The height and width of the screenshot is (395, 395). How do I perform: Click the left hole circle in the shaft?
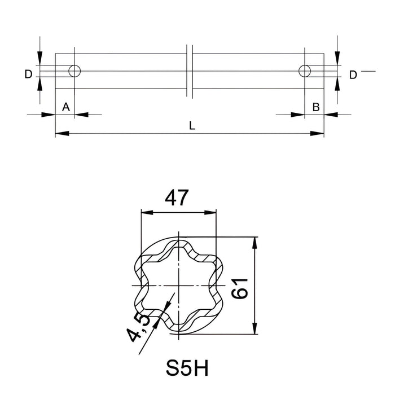click(74, 71)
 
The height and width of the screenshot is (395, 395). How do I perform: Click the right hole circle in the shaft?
click(305, 71)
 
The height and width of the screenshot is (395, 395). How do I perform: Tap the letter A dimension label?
click(65, 107)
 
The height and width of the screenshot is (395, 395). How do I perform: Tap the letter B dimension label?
click(316, 107)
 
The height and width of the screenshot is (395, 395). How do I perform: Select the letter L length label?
click(192, 126)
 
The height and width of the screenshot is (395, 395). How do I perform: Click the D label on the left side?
click(28, 74)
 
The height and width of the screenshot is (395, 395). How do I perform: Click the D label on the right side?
click(353, 74)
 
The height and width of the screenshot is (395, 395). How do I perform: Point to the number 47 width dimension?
click(176, 198)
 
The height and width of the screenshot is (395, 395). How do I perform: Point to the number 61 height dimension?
click(241, 286)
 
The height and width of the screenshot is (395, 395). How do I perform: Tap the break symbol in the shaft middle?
click(190, 71)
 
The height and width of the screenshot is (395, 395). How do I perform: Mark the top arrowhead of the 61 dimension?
click(255, 242)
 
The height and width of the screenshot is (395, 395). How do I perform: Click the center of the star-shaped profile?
click(178, 286)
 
